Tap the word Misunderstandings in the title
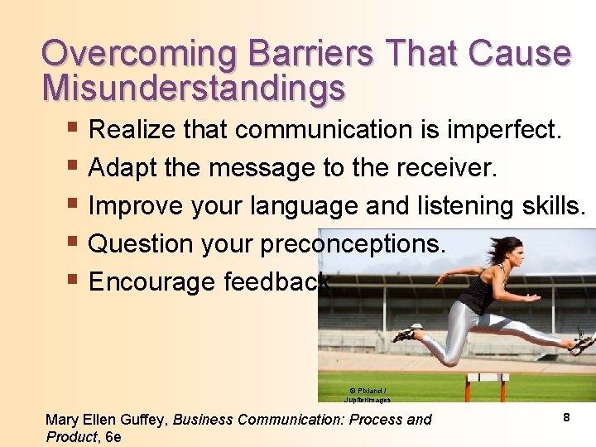point(194,88)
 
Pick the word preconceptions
point(353,244)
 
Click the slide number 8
point(566,418)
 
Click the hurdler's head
point(509,248)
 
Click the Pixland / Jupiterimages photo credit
point(367,394)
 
